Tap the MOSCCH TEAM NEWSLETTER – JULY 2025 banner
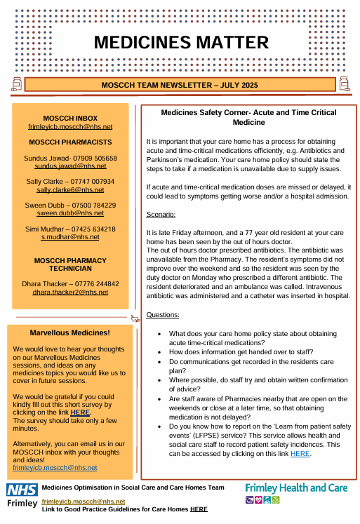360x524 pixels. tap(180, 85)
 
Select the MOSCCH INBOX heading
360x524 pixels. tap(70, 118)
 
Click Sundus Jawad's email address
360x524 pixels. tap(70, 166)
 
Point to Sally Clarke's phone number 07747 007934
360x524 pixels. tap(90, 181)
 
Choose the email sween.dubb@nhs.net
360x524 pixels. tap(70, 213)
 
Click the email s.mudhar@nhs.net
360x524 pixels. tap(70, 237)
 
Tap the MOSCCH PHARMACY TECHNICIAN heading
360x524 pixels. tap(70, 265)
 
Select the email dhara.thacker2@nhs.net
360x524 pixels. tap(70, 291)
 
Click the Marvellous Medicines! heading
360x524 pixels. tap(70, 332)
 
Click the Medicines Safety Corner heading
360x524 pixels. tap(248, 117)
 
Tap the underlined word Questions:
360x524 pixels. tap(163, 315)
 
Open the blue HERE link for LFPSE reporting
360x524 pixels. tap(300, 454)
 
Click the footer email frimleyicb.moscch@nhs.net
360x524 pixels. tap(84, 502)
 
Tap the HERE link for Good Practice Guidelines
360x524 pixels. tap(199, 509)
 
